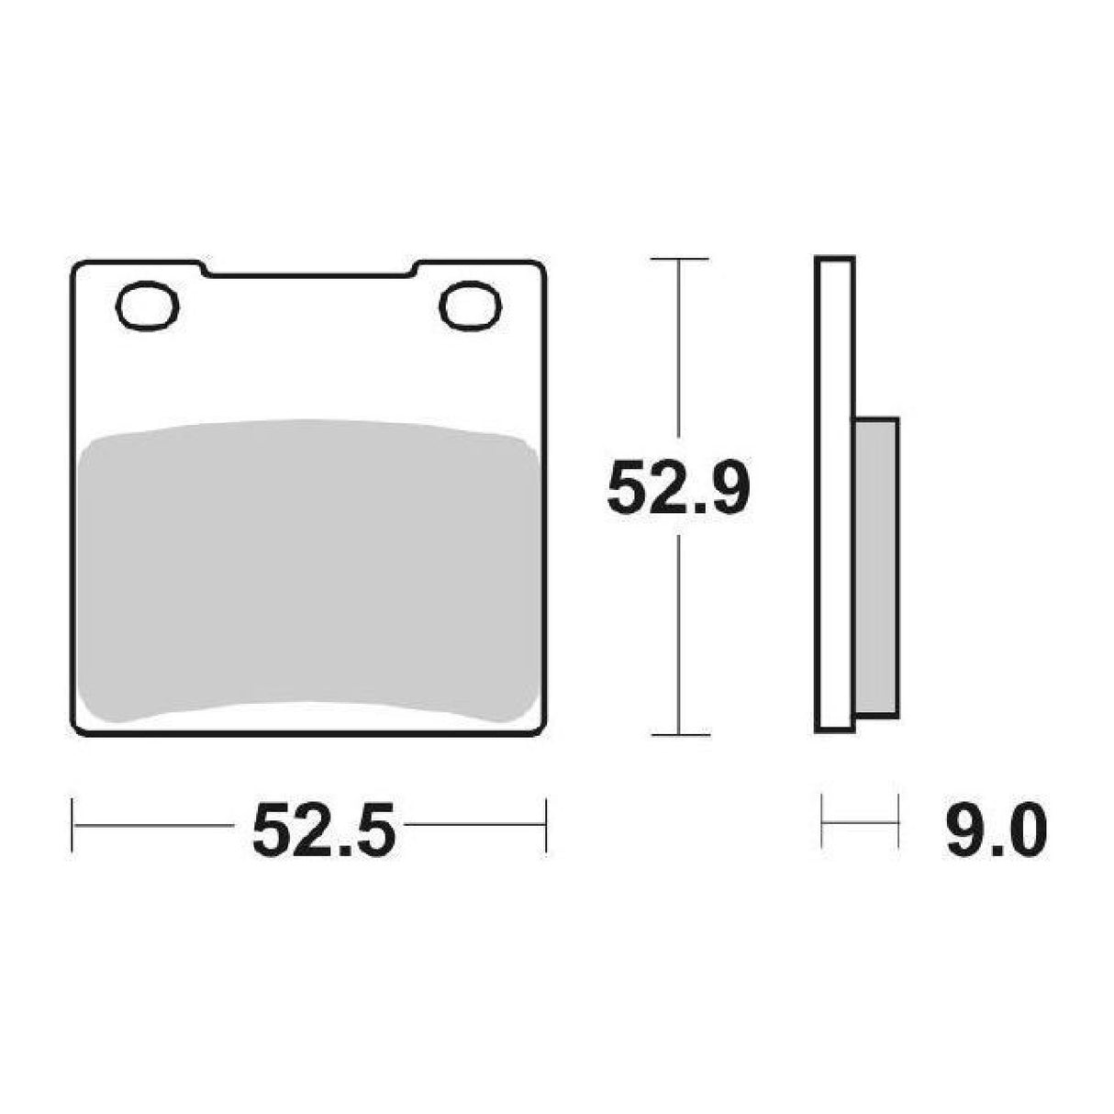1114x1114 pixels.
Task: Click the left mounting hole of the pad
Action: [x=147, y=305]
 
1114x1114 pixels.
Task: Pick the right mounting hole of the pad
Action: [x=470, y=305]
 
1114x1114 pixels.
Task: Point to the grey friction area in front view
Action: [x=308, y=569]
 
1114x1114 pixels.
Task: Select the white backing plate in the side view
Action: [x=834, y=496]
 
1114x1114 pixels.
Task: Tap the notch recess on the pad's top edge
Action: [x=308, y=271]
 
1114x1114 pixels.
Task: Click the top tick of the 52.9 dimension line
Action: [x=678, y=260]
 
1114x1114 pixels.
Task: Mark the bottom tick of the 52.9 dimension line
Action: [x=678, y=734]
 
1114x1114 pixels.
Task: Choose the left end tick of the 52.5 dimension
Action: [x=72, y=825]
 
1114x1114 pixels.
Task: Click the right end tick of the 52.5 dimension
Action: [x=546, y=825]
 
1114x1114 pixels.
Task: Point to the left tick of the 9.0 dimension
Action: [x=823, y=821]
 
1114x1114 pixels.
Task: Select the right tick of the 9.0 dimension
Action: [x=897, y=821]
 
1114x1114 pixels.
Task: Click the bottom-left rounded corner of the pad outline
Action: [x=77, y=730]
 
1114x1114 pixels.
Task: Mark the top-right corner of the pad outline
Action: [x=541, y=265]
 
